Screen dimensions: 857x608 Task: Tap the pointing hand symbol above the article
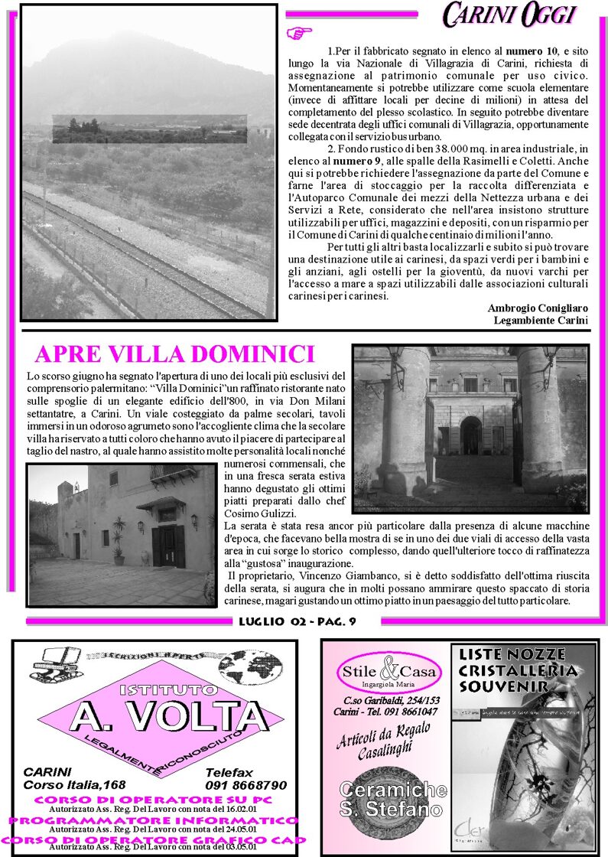299,32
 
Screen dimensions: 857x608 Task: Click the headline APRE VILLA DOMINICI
175,354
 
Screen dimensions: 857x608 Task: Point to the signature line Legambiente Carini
541,320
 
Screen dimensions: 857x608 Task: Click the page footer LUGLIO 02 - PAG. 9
297,621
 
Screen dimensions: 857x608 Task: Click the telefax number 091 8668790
245,785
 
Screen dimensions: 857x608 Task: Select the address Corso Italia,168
74,785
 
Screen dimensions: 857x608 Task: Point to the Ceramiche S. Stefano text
392,799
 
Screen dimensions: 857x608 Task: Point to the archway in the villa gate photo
471,435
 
